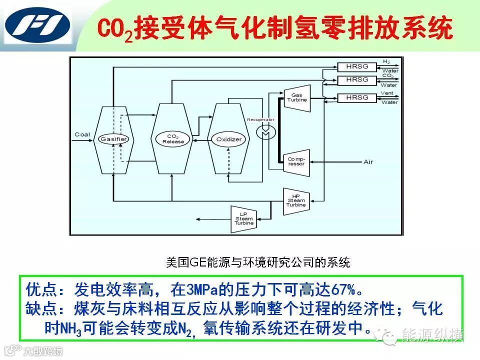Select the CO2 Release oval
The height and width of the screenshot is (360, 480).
(172, 138)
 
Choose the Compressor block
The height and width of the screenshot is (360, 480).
(295, 161)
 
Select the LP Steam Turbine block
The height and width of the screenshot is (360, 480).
(244, 218)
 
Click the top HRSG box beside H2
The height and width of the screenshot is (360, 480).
(356, 66)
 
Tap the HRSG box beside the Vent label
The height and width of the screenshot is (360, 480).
(356, 97)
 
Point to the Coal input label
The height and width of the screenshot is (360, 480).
(82, 134)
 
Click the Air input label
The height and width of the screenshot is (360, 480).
(368, 162)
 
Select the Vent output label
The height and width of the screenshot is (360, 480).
(387, 93)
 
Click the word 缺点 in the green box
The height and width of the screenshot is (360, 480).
(37, 309)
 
